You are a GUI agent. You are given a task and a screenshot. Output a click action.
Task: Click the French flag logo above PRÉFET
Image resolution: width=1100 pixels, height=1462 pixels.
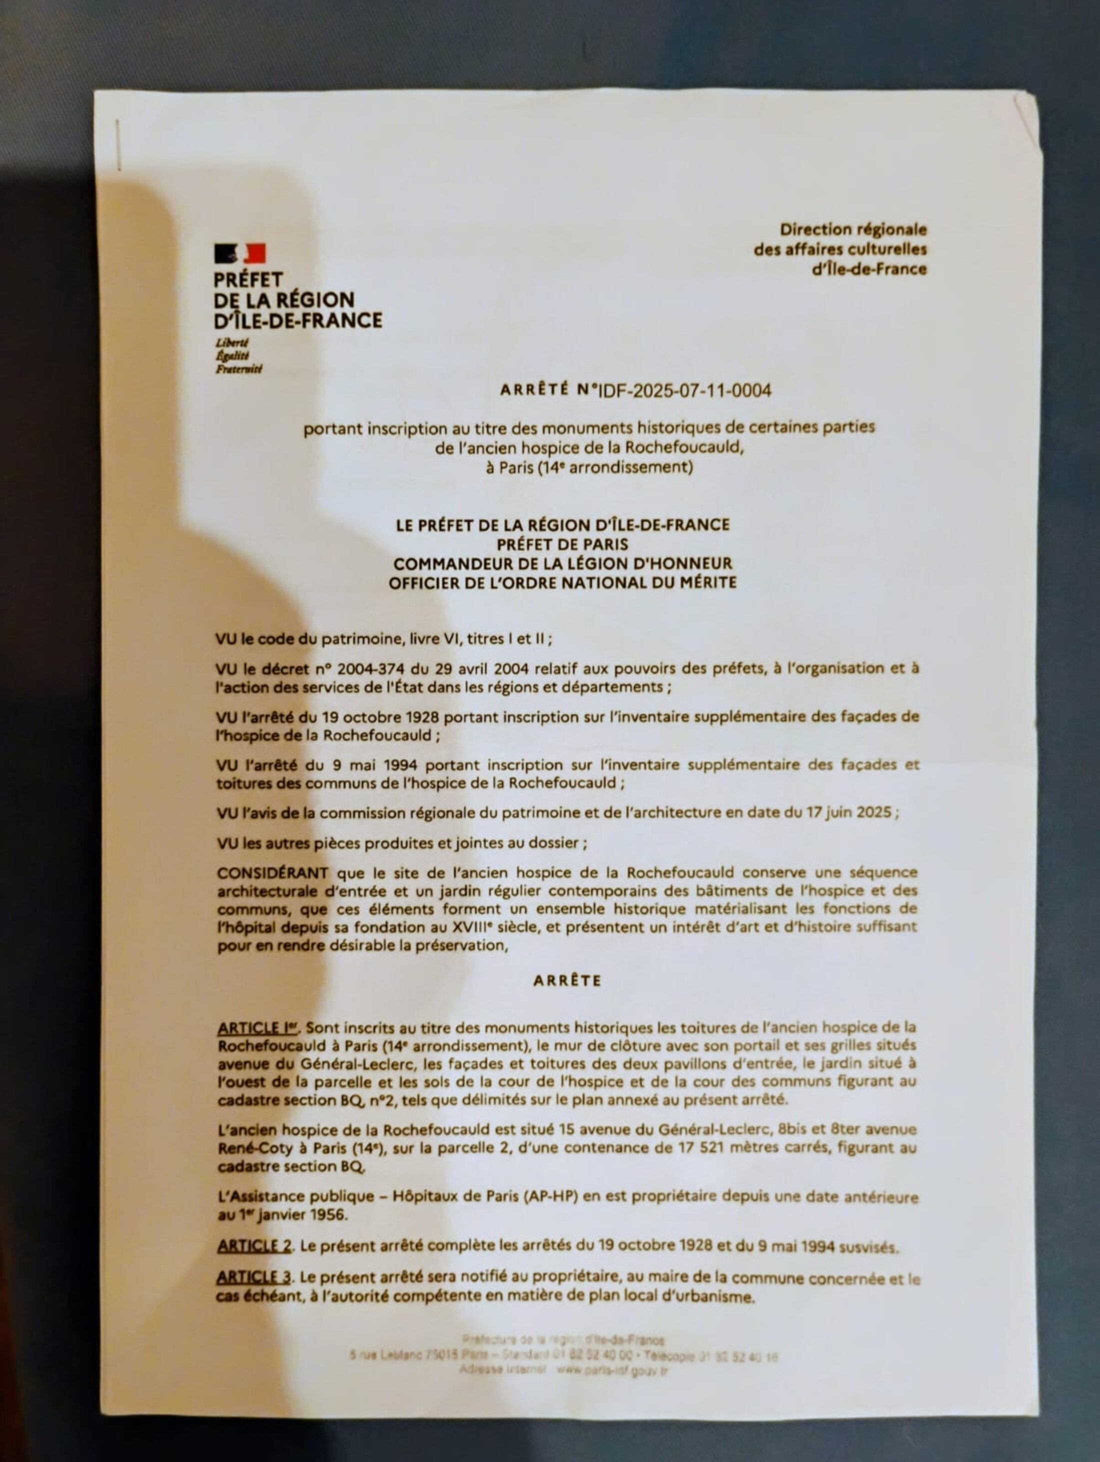(x=240, y=253)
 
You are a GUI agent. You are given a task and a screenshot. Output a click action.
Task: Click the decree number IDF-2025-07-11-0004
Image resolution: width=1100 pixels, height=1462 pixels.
(x=684, y=390)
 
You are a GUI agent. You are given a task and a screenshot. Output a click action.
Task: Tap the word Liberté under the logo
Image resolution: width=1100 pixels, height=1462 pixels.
(x=231, y=343)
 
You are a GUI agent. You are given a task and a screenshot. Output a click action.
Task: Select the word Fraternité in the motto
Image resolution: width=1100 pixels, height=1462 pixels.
(x=238, y=369)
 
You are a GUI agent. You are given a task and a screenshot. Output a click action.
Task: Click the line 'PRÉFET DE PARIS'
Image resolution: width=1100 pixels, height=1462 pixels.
(x=562, y=544)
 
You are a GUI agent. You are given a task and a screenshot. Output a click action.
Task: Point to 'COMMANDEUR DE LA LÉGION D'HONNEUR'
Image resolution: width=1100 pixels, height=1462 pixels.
(x=562, y=564)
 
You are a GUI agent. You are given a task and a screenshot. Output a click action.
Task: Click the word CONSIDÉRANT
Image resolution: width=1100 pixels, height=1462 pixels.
(x=272, y=873)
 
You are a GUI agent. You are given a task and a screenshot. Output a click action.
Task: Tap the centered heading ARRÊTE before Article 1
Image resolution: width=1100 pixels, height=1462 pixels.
(x=567, y=981)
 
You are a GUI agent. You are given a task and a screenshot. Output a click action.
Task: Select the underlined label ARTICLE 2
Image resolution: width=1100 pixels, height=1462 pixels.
(x=254, y=1246)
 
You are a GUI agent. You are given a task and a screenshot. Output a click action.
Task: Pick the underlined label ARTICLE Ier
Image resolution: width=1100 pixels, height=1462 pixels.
(x=258, y=1028)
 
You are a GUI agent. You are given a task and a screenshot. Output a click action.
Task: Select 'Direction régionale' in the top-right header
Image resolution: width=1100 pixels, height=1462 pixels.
(x=853, y=229)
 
